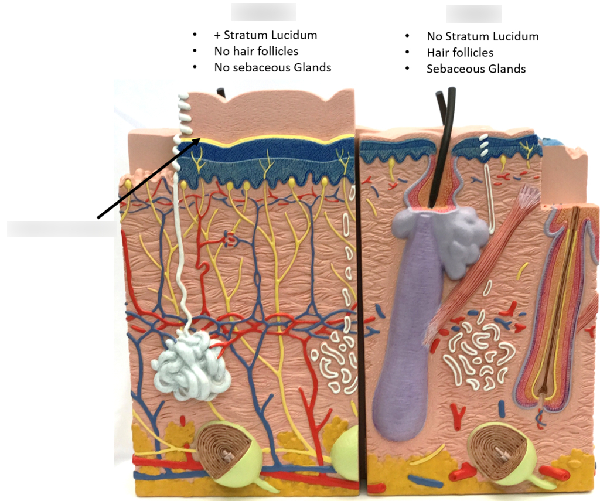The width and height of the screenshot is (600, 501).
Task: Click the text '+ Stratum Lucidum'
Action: point(265,35)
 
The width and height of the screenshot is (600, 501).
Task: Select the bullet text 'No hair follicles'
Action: point(256,51)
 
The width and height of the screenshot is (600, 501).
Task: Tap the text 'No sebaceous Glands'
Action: point(272,67)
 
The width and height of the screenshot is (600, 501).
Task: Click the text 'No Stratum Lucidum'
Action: point(483,36)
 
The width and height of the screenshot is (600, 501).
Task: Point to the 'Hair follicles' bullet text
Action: point(460,52)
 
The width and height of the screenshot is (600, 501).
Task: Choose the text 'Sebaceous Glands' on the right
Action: point(476,69)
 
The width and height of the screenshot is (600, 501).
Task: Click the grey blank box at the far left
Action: point(62,229)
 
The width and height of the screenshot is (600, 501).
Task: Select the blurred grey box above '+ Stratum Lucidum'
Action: point(263,12)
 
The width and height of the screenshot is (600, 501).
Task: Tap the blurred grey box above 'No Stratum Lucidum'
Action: point(473,13)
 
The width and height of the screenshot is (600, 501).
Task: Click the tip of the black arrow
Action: point(200,138)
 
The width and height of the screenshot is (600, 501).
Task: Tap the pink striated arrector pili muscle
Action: point(482,264)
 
